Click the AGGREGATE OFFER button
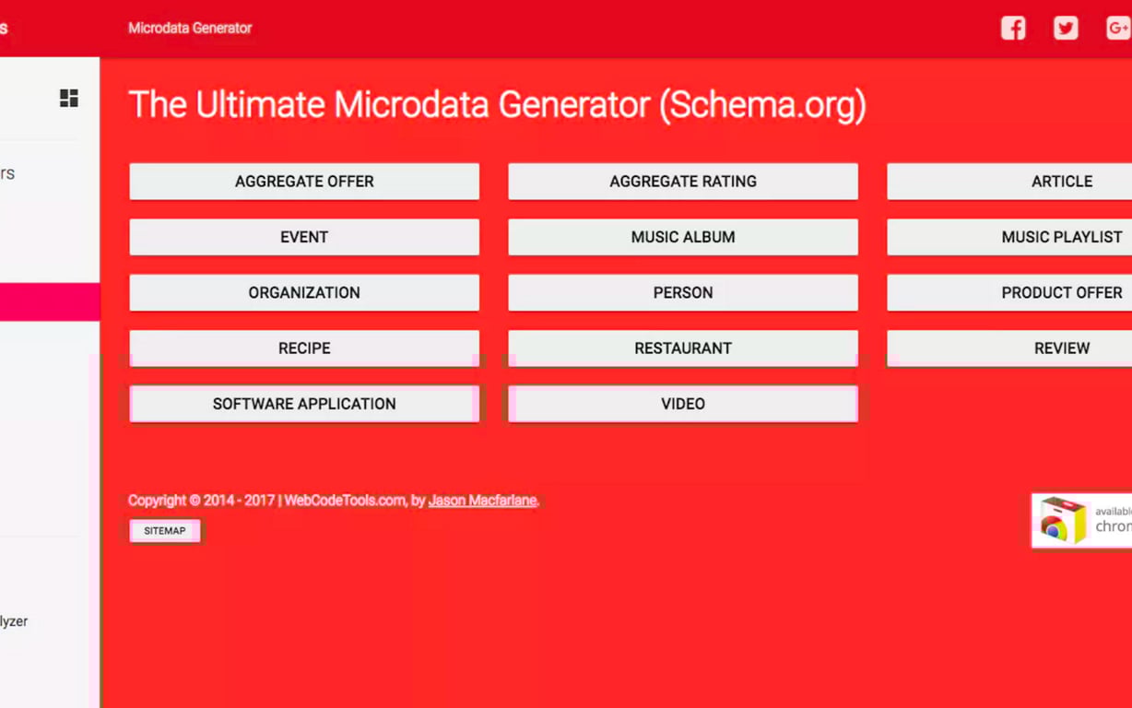click(304, 182)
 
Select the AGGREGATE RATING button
click(682, 182)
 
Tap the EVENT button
click(304, 237)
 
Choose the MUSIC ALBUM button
click(682, 237)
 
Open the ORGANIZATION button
click(304, 292)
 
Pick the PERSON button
click(682, 292)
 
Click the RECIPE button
click(304, 348)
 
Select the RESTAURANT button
click(682, 348)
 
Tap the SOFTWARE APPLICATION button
click(304, 404)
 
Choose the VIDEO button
click(682, 404)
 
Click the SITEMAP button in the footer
click(165, 531)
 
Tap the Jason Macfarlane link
click(482, 501)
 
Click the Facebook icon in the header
click(1013, 28)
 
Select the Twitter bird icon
click(1066, 28)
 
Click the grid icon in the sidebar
click(69, 99)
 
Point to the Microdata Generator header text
click(190, 28)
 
